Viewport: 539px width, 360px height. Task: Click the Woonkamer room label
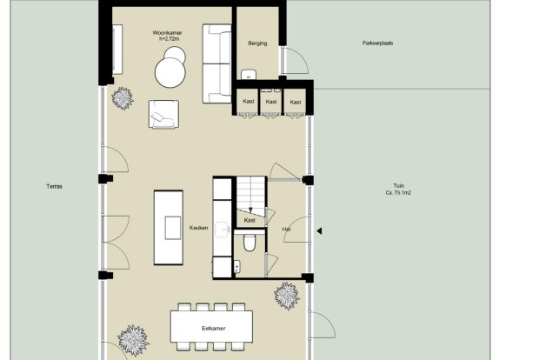(x=168, y=33)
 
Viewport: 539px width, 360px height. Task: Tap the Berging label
(x=257, y=43)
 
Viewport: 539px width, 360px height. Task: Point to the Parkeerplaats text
(x=377, y=43)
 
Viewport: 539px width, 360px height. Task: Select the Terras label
(x=54, y=187)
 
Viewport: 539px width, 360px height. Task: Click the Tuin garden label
(x=399, y=186)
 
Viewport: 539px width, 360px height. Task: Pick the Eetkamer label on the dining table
(x=214, y=329)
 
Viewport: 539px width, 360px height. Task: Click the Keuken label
(x=199, y=228)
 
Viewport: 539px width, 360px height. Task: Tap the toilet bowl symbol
(x=250, y=243)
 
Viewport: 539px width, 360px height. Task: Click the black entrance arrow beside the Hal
(x=319, y=231)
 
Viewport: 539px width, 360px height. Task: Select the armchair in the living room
(x=163, y=114)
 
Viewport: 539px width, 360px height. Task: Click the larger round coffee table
(x=170, y=72)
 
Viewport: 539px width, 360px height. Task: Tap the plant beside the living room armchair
(x=123, y=98)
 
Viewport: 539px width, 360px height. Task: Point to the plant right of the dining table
(x=287, y=296)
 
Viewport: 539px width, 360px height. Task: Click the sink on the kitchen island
(x=172, y=228)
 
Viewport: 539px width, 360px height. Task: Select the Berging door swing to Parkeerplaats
(x=295, y=61)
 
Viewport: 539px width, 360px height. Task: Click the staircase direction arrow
(x=250, y=210)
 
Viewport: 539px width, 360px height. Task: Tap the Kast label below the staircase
(x=250, y=220)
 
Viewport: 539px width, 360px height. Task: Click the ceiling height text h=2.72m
(x=169, y=39)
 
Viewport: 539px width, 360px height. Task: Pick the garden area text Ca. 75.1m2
(x=398, y=193)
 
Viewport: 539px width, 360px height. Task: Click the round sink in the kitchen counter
(x=223, y=230)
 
